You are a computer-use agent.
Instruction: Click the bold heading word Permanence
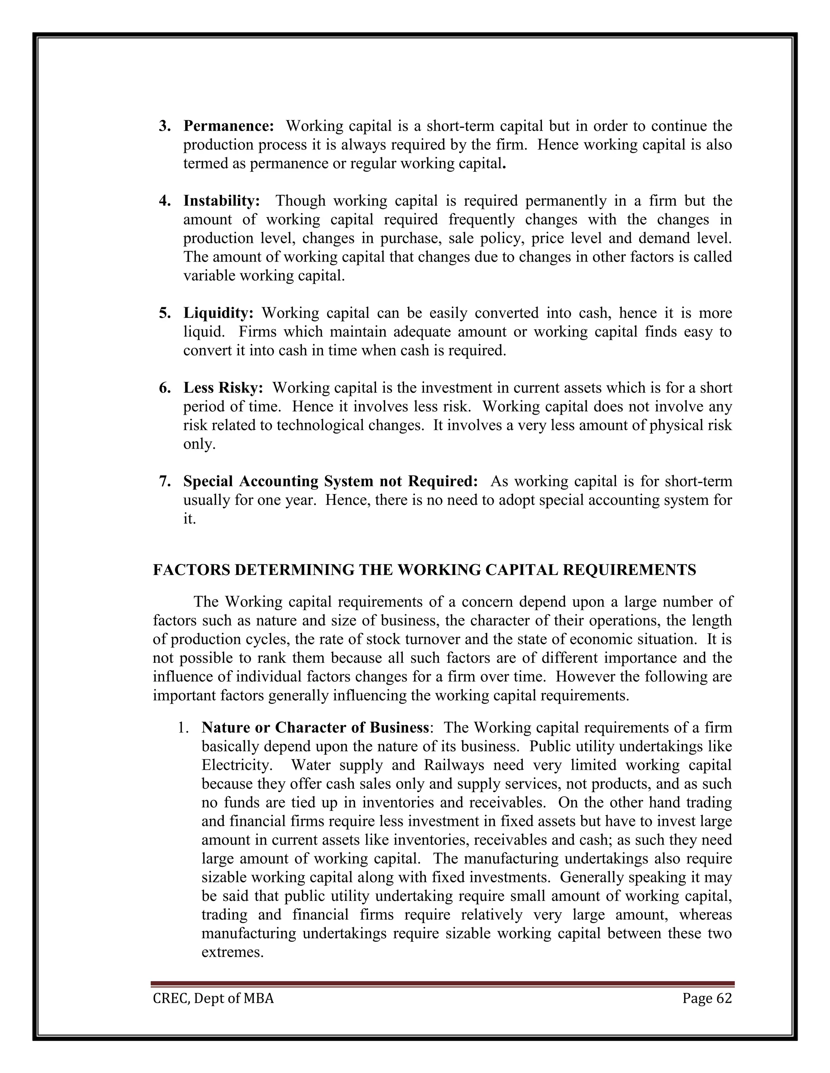click(x=228, y=126)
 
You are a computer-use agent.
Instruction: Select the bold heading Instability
click(x=221, y=201)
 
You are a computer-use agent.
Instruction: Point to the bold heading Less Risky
click(x=223, y=388)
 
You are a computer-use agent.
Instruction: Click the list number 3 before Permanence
click(x=164, y=126)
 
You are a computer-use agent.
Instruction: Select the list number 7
click(x=164, y=481)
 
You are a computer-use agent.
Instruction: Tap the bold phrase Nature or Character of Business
click(x=314, y=728)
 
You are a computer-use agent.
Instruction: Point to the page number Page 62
click(x=706, y=998)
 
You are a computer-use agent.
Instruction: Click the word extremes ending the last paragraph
click(x=232, y=953)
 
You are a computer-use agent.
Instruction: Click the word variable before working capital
click(x=210, y=276)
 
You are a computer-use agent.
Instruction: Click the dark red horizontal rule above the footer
click(x=443, y=984)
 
